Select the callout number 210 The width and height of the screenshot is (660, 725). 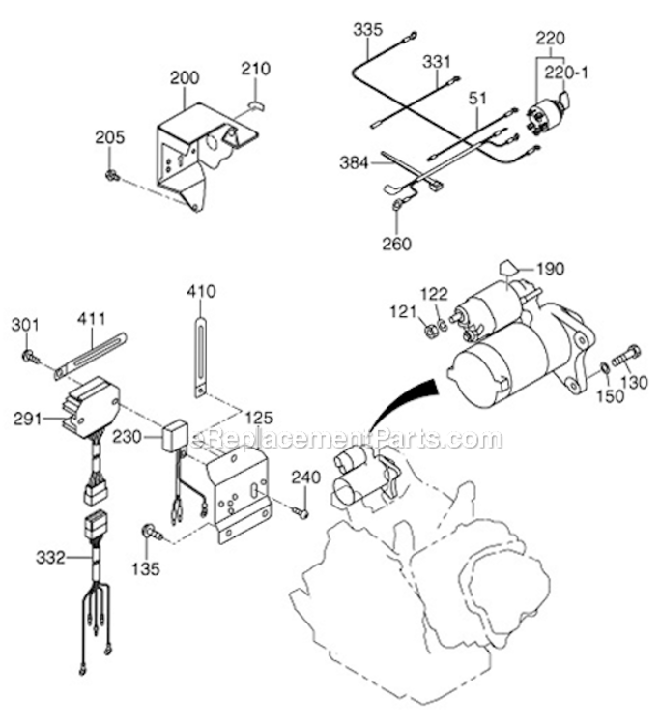click(256, 70)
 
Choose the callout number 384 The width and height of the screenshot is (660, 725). click(355, 164)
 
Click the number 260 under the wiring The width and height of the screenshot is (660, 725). click(397, 244)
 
